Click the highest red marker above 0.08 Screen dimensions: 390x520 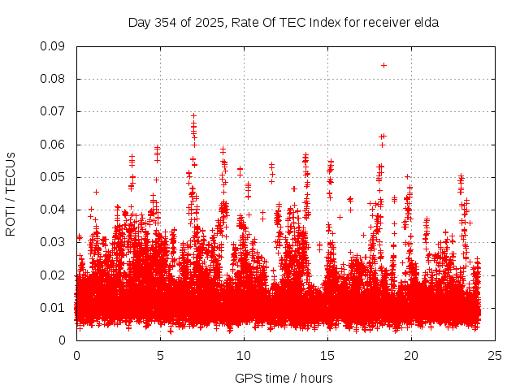coord(383,65)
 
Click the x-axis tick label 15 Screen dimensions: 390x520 coord(327,355)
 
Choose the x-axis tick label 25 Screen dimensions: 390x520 coord(494,355)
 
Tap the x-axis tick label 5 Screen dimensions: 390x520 coord(160,355)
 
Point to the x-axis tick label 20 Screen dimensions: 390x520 coord(410,355)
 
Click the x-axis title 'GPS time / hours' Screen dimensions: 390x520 coord(284,378)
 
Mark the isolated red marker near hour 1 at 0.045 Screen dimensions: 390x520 coord(96,192)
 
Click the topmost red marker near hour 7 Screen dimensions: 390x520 coord(193,115)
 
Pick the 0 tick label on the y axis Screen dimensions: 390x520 coord(62,340)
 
